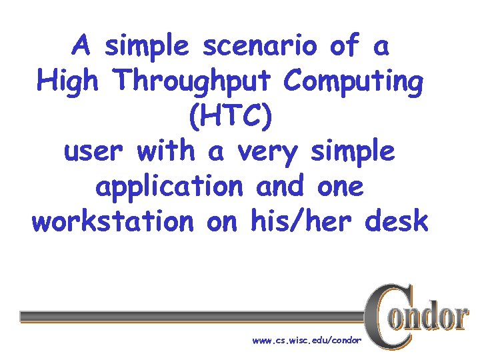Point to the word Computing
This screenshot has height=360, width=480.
pos(353,83)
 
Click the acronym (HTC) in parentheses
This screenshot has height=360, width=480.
pos(231,117)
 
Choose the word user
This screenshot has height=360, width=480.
pos(96,152)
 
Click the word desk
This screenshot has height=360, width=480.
pos(397,221)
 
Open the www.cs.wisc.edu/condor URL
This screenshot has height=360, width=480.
pos(307,341)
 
